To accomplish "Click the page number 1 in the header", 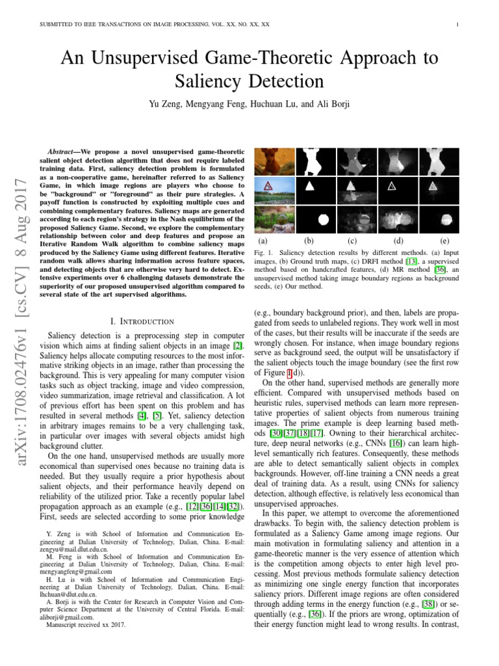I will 459,25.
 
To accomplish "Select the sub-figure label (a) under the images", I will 262,240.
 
